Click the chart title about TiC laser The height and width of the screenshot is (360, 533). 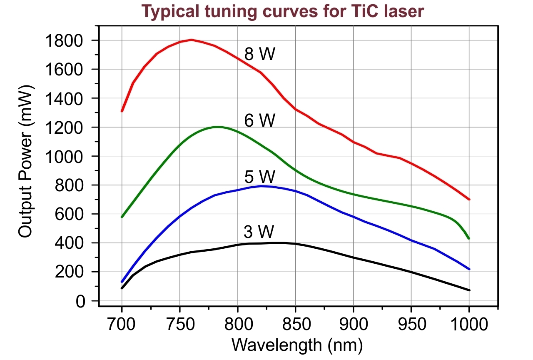283,11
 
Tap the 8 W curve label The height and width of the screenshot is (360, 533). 259,54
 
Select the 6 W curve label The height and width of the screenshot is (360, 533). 259,121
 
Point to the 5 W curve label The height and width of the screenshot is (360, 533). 259,177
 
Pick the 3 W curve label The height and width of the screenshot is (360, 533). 259,231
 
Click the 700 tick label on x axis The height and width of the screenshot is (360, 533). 122,324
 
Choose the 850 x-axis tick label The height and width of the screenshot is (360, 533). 295,324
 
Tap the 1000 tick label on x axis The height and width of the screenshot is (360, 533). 469,324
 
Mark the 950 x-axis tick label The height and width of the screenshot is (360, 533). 411,324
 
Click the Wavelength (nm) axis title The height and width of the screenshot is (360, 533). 297,345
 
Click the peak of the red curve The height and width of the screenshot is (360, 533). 192,40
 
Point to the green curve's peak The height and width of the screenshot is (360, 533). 218,127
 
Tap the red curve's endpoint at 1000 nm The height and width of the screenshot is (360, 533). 469,199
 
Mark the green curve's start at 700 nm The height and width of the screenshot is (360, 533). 122,217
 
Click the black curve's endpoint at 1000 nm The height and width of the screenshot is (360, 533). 469,290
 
